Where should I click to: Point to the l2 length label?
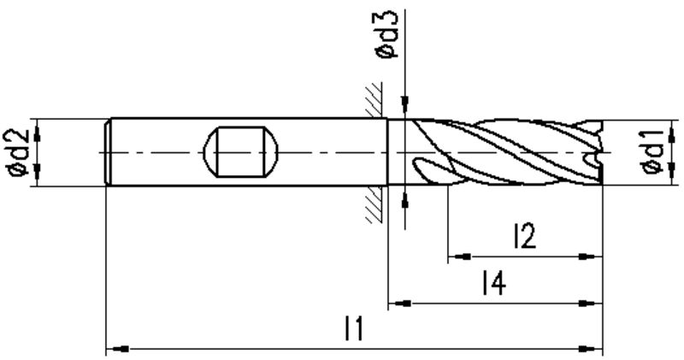(525, 237)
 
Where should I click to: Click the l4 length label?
(493, 283)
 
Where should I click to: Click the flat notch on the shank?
(241, 152)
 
